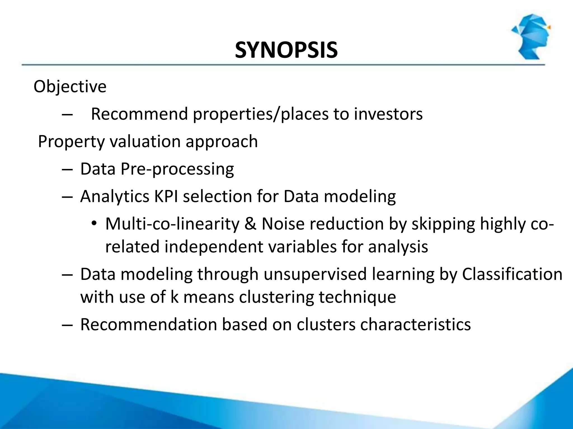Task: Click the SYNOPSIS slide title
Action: (x=286, y=51)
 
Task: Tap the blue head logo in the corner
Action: (x=530, y=36)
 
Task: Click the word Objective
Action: (x=70, y=87)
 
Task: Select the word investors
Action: (x=388, y=114)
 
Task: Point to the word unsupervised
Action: (x=315, y=274)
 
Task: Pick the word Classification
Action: (x=512, y=274)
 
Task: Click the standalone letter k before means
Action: (x=174, y=297)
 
